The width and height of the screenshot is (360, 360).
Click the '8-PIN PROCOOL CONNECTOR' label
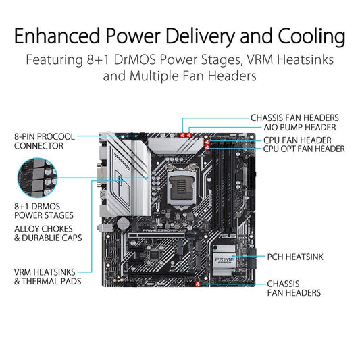(44, 140)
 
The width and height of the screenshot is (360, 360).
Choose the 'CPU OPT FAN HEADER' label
(304, 149)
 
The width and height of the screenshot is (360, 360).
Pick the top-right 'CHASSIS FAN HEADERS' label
(294, 117)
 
